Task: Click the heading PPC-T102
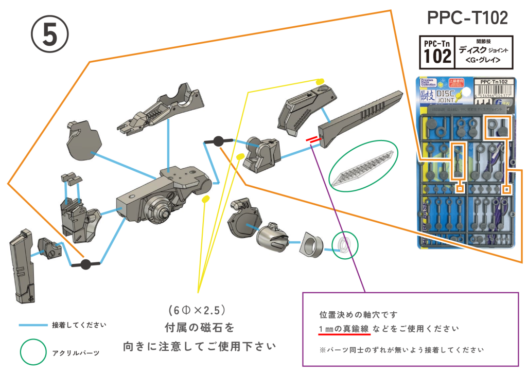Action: point(467,19)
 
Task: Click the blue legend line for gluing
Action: point(33,325)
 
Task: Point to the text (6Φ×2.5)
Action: point(198,310)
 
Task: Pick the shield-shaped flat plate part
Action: point(84,141)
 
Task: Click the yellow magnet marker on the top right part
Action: point(319,81)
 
